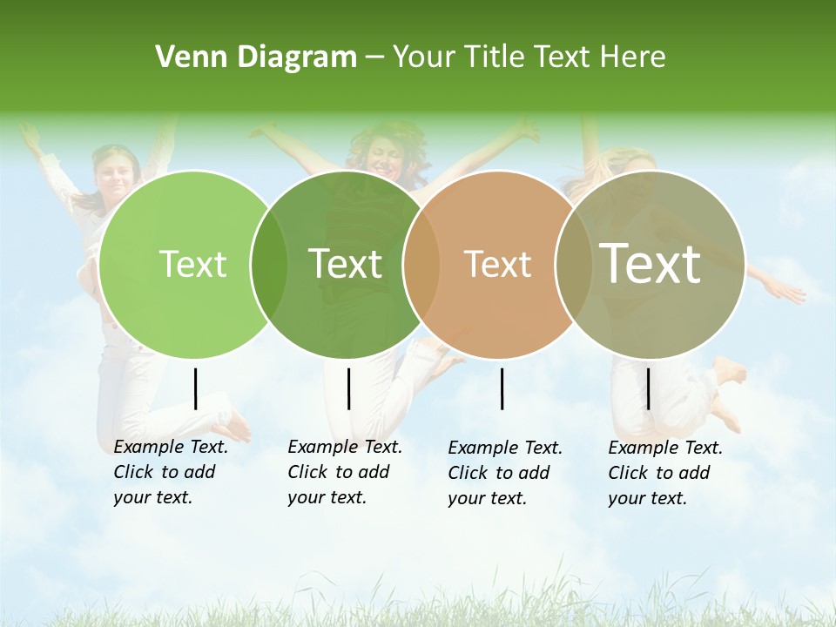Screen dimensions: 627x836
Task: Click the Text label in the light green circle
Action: tap(193, 264)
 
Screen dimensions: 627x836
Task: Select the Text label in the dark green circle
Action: tap(346, 264)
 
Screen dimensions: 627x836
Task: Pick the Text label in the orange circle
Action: tap(498, 264)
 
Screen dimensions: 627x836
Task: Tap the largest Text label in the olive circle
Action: tap(651, 263)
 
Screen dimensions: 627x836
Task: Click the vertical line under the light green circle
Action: tap(195, 388)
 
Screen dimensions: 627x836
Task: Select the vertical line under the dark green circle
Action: tap(348, 388)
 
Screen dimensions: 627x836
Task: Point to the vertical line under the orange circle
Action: tap(502, 388)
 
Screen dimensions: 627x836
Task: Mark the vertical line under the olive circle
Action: tap(648, 388)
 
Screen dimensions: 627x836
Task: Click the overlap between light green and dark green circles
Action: tap(269, 264)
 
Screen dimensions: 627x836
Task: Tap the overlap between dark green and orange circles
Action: tap(421, 264)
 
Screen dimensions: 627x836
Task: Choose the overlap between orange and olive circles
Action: tap(573, 264)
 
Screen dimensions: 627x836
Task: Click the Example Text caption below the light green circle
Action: tap(171, 472)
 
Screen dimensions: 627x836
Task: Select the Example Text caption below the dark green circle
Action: tap(345, 472)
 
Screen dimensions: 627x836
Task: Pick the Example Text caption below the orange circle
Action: tap(505, 473)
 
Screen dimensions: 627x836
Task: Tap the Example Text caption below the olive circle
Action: tap(665, 473)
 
